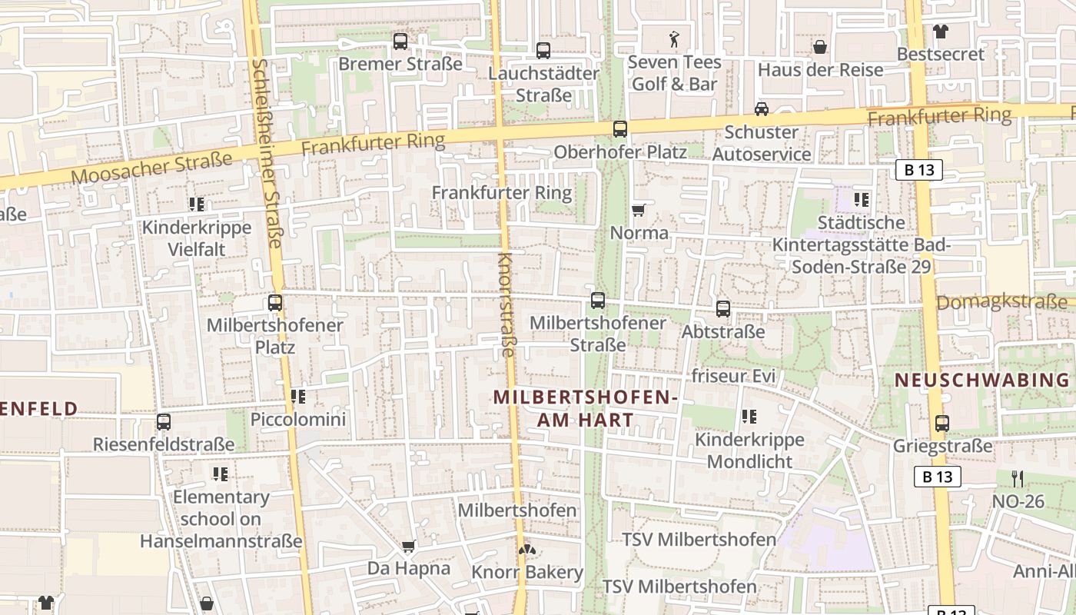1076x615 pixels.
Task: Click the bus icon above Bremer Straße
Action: [x=400, y=42]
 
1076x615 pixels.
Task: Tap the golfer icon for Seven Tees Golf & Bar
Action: [x=674, y=38]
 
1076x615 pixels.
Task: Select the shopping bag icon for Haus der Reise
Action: [x=820, y=48]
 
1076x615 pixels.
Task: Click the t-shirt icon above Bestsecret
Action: [x=940, y=32]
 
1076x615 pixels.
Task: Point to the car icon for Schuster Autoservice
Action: [x=761, y=109]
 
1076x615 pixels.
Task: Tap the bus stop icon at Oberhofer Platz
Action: [x=620, y=129]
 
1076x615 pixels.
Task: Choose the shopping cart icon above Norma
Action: [x=638, y=210]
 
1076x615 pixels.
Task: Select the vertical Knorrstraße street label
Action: [x=506, y=304]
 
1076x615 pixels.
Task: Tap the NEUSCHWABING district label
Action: [x=982, y=380]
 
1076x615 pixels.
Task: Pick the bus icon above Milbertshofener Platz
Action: [x=275, y=303]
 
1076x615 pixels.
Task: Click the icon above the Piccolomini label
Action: [x=298, y=397]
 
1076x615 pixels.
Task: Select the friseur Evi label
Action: [x=734, y=377]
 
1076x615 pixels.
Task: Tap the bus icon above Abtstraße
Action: [x=723, y=309]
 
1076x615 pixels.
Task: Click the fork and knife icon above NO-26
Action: [x=1018, y=479]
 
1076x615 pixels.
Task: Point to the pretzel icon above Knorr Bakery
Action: [x=526, y=550]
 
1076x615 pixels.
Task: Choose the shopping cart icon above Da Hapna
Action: [x=408, y=547]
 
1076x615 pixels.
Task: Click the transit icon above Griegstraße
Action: [x=942, y=423]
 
